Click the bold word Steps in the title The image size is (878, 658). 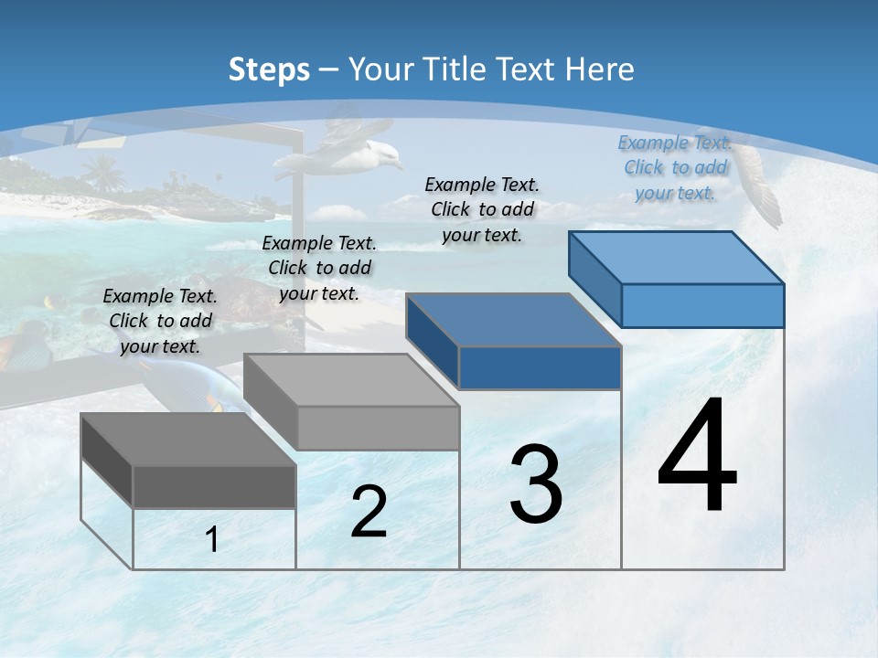click(269, 69)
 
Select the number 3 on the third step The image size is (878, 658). click(535, 483)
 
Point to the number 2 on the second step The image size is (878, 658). click(369, 512)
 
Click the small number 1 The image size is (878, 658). click(212, 540)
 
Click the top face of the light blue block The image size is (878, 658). click(677, 258)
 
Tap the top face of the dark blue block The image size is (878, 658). click(514, 320)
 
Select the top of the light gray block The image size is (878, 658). click(351, 380)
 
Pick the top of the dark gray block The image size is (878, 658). click(188, 440)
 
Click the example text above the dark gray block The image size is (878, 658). click(160, 321)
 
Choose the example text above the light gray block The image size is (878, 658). click(319, 268)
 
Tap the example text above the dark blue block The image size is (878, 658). click(482, 209)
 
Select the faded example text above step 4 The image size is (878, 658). click(675, 167)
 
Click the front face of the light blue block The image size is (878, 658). click(702, 305)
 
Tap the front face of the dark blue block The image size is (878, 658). click(540, 367)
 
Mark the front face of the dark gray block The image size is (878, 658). click(214, 486)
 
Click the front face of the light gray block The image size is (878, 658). click(378, 428)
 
